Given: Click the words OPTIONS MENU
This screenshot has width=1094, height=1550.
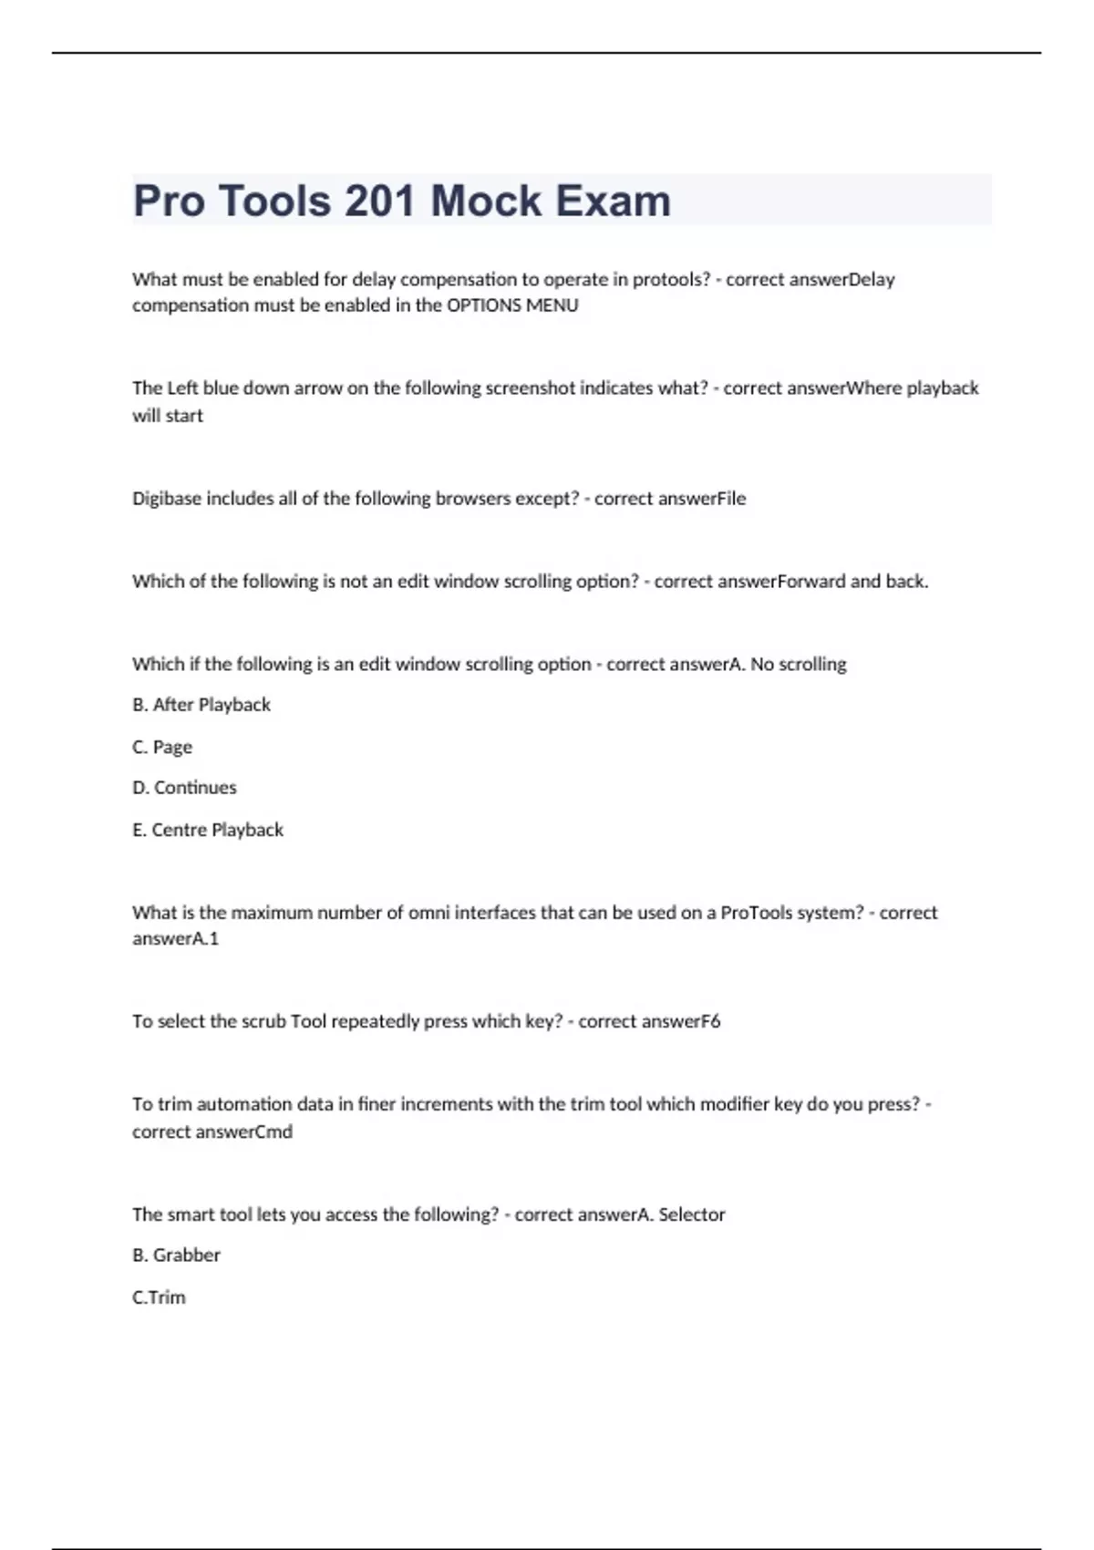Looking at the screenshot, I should point(512,305).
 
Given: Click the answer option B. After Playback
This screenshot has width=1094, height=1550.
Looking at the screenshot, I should point(201,705).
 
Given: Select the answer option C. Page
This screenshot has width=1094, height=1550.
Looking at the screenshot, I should point(162,747).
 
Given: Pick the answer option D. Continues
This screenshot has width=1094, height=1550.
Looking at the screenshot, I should point(184,788).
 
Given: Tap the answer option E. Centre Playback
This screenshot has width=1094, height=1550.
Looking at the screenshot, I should point(208,830).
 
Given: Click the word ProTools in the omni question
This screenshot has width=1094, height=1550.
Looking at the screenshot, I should point(756,913).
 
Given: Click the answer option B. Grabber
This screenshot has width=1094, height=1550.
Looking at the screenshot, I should point(177,1255).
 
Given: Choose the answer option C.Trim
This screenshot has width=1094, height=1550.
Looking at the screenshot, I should point(159,1297).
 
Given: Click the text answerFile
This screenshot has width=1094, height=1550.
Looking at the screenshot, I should point(702,499).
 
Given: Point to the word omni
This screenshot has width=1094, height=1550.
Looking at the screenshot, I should point(428,913).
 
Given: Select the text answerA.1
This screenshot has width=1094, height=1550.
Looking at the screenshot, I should point(176,938).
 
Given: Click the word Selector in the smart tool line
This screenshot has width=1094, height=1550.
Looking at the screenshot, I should point(692,1214).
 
